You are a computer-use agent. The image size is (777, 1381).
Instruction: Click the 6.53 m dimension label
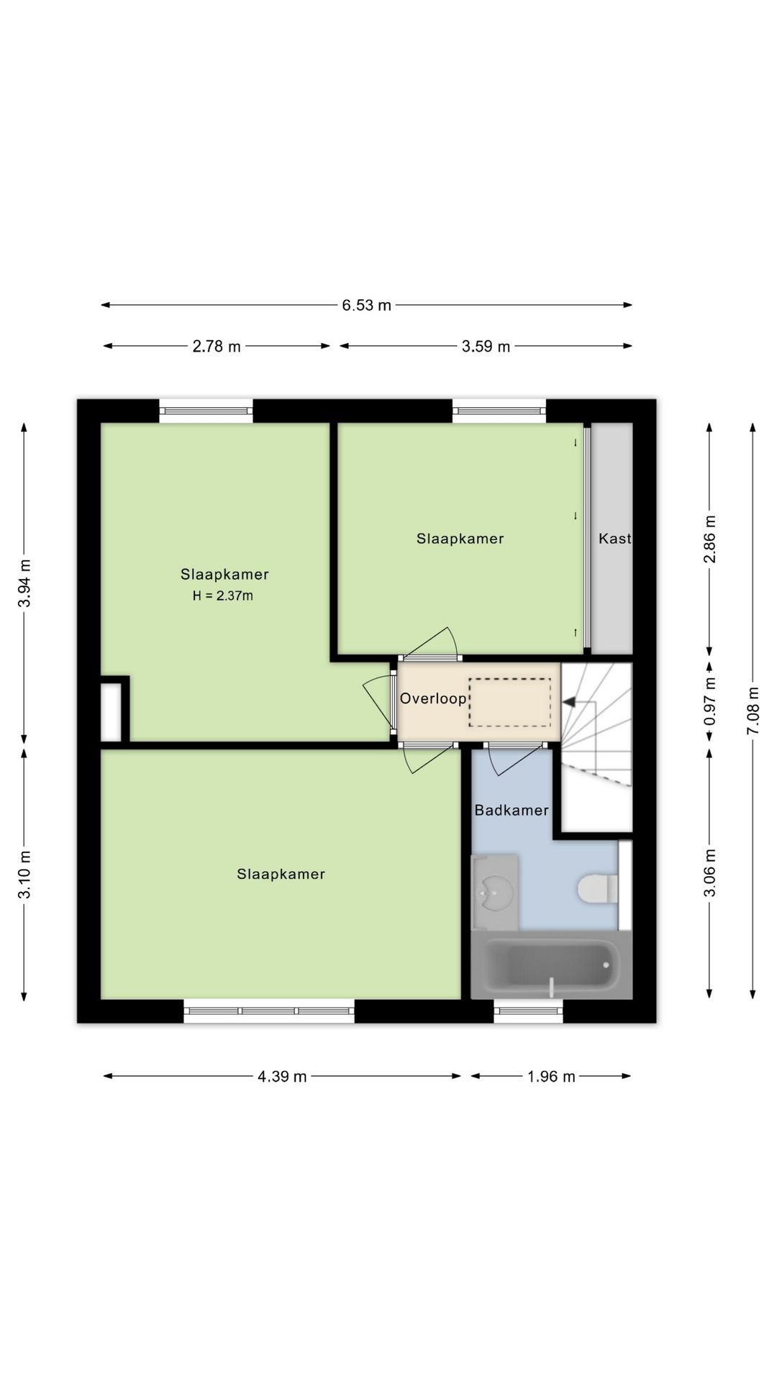point(366,305)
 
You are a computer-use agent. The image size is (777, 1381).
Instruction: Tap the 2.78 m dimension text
point(217,346)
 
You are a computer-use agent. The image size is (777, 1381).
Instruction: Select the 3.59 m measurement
point(486,346)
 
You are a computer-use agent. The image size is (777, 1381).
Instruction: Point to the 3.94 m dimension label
point(24,583)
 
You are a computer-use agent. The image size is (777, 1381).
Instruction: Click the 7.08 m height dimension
point(753,711)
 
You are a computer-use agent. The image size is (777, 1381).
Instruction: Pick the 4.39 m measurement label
point(282,1076)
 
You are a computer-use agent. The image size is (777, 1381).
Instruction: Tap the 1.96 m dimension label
point(551,1076)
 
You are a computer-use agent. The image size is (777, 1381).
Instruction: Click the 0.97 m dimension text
point(709,701)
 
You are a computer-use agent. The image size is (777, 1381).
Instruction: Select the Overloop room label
point(433,698)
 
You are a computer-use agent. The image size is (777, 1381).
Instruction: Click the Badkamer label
point(512,810)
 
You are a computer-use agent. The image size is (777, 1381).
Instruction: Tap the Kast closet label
point(615,538)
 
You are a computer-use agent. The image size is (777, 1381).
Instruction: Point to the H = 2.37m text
point(223,596)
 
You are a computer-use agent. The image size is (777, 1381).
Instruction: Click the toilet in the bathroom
point(598,888)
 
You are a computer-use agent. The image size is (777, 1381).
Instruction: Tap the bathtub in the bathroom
point(551,965)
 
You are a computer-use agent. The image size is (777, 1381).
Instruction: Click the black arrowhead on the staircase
point(568,701)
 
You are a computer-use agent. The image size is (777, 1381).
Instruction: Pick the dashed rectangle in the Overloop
point(510,702)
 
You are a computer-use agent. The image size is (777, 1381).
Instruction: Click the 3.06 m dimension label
point(709,873)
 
